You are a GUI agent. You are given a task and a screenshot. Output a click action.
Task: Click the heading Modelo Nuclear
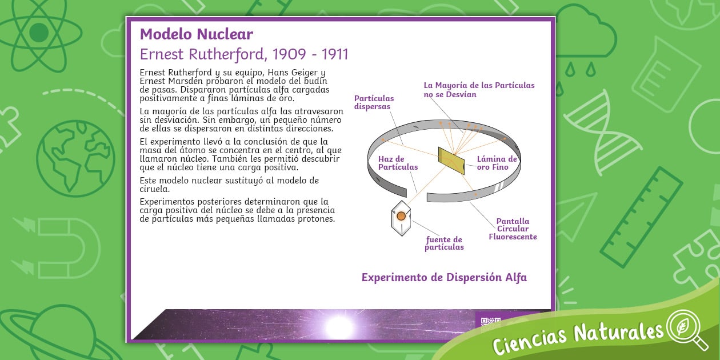click(x=196, y=34)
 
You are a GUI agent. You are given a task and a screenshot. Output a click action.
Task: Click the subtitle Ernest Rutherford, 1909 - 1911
click(x=244, y=54)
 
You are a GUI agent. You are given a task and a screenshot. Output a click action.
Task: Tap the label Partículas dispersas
click(x=374, y=102)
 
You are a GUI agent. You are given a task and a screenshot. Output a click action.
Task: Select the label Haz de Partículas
click(x=398, y=163)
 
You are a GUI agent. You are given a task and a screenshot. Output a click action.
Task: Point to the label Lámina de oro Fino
click(x=497, y=163)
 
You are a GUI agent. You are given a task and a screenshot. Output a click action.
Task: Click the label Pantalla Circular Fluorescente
click(x=513, y=229)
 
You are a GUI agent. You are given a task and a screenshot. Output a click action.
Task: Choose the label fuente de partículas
click(x=444, y=243)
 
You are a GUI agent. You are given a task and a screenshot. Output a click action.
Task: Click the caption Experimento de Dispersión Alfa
click(x=444, y=278)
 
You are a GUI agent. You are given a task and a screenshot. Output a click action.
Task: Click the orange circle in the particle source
click(x=401, y=216)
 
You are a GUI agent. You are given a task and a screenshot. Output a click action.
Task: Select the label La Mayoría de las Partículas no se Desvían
click(x=479, y=90)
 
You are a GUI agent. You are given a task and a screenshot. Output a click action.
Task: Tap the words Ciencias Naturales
click(x=577, y=337)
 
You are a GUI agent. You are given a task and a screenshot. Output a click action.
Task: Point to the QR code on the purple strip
click(x=490, y=322)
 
